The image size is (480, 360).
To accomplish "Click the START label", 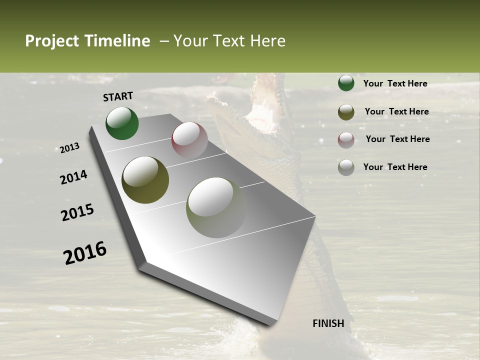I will click(x=118, y=96).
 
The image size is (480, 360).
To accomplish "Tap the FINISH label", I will click(x=328, y=323).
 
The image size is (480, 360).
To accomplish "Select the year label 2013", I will click(x=70, y=148).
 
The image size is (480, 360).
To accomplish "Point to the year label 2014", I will click(x=73, y=177).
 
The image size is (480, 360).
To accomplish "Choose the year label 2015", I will click(x=77, y=212).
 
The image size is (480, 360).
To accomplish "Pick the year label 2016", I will click(x=85, y=253).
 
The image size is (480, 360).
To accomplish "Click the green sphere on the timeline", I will click(x=122, y=123).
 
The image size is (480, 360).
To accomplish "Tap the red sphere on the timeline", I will click(x=189, y=139).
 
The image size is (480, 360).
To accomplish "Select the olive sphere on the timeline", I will click(x=145, y=179).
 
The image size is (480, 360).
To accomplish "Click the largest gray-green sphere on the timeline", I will click(x=216, y=207).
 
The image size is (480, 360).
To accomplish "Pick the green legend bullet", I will click(x=346, y=83).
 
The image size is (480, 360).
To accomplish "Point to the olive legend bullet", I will click(x=346, y=111).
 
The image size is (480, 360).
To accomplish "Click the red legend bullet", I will click(x=346, y=139).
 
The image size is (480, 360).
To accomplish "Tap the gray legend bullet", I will click(x=346, y=167).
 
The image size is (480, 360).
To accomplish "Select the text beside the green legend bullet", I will click(x=395, y=83).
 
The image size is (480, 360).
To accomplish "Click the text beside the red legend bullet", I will click(x=397, y=139).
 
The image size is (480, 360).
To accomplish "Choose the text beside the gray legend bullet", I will click(x=395, y=167).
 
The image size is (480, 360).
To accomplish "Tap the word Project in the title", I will click(x=51, y=41).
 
